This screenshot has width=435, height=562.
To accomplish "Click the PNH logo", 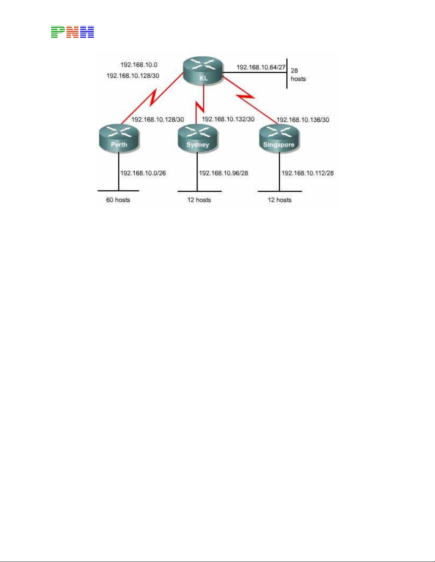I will pos(72,32).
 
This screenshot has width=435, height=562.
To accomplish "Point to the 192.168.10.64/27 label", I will pos(261,67).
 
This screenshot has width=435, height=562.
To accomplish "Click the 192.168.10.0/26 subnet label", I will pos(143,173).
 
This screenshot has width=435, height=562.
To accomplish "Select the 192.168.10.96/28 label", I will pos(223,173).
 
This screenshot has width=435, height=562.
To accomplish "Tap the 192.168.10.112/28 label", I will pos(308,173).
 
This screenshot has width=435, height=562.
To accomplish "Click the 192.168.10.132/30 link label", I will pos(228,119).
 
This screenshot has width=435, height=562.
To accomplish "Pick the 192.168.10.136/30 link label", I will pos(303,120).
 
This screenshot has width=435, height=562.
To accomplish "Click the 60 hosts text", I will pos(118,200).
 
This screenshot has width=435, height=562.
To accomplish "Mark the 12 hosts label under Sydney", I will pos(199,200).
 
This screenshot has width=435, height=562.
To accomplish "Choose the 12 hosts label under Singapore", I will pos(279,200).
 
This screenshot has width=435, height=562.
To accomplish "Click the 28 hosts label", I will pos(298,75).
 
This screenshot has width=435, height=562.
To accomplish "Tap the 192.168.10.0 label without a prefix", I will pos(139,65).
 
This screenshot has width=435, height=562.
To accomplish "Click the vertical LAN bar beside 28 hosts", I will pos(287,73).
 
